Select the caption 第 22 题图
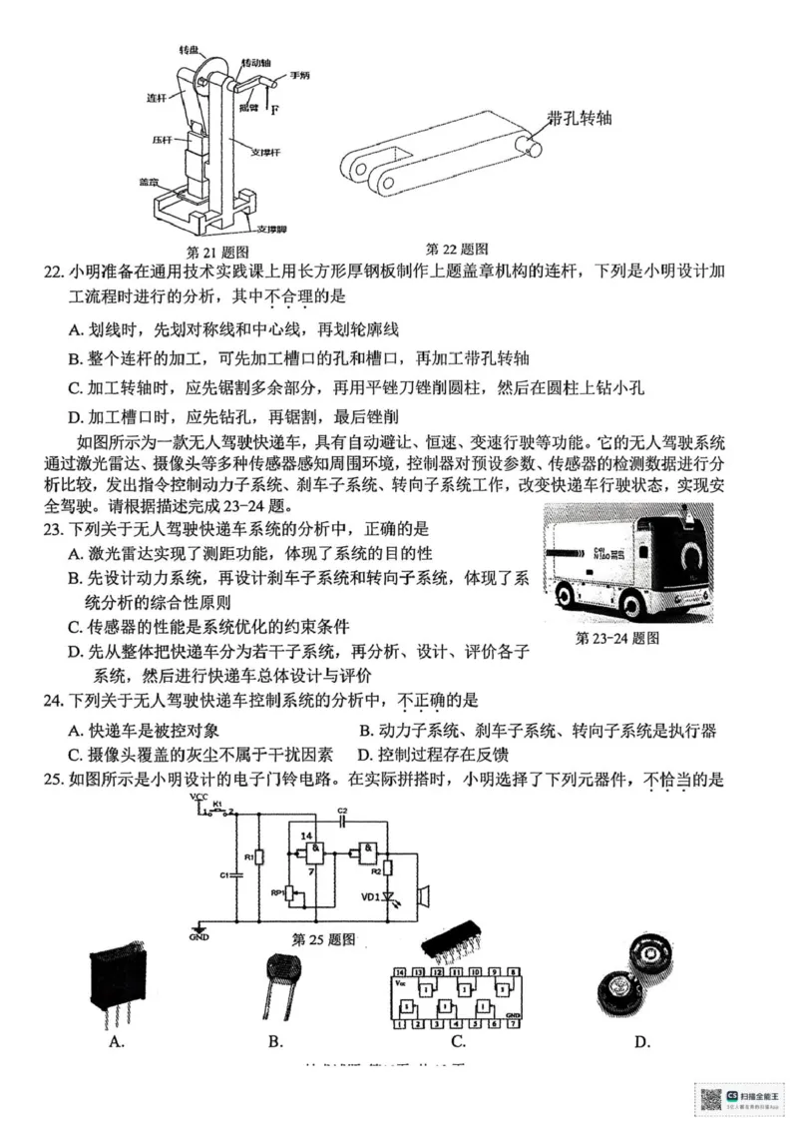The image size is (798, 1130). [457, 249]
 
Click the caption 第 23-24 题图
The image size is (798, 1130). [617, 638]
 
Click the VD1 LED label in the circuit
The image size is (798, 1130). [371, 896]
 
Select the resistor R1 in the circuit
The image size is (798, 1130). [259, 856]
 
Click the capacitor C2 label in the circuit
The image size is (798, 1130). [342, 810]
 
